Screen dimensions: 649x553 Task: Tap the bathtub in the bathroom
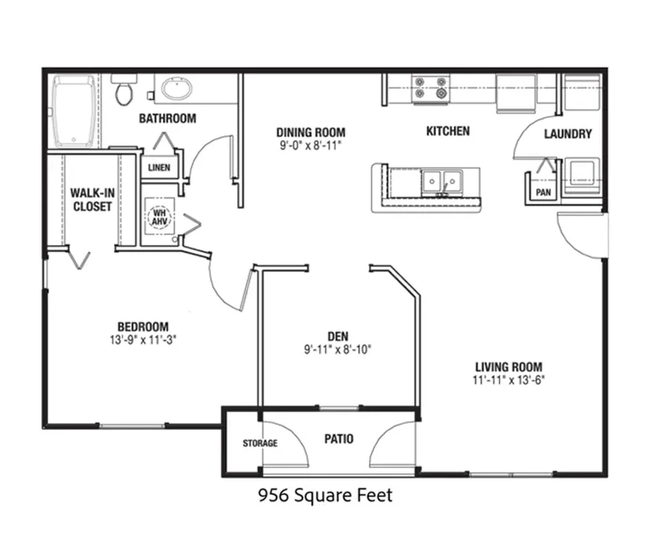click(x=73, y=111)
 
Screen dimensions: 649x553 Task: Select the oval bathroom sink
click(x=176, y=89)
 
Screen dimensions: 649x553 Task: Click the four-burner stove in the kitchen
click(x=430, y=88)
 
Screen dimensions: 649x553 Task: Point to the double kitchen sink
click(x=442, y=182)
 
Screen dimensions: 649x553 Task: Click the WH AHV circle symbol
click(x=159, y=217)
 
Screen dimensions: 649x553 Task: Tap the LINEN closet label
click(x=159, y=167)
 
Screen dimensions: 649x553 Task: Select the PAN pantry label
click(x=543, y=193)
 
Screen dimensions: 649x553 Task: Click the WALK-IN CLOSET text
click(x=92, y=199)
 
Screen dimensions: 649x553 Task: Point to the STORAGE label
click(x=260, y=444)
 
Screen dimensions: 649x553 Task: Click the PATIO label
click(x=339, y=439)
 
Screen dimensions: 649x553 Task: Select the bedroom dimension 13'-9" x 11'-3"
click(x=143, y=340)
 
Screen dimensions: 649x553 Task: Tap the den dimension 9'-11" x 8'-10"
click(x=338, y=350)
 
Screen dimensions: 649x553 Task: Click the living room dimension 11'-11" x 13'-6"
click(x=508, y=380)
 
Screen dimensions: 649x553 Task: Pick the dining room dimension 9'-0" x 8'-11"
click(x=310, y=146)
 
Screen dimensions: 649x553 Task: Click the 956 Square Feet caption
click(x=325, y=496)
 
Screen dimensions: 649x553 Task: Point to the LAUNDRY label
click(x=568, y=134)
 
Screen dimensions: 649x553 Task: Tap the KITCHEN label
click(x=448, y=131)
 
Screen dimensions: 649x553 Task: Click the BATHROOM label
click(x=167, y=119)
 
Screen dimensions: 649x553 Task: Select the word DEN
click(x=338, y=336)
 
